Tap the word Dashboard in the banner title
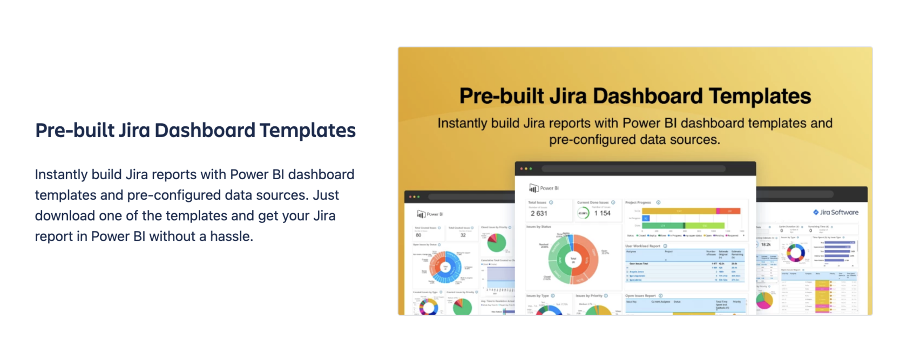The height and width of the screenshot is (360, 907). [651, 96]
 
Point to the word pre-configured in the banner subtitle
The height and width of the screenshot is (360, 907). [588, 140]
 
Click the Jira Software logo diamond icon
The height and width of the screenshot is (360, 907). [816, 212]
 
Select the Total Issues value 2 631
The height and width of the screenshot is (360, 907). [539, 213]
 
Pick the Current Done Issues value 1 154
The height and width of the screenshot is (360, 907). [602, 213]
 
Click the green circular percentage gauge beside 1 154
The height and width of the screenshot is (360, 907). [583, 213]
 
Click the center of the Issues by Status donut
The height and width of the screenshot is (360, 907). [573, 260]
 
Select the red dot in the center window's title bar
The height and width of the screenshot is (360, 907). [522, 169]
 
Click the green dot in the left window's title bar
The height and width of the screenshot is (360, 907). [418, 197]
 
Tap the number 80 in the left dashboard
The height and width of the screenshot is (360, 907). [418, 235]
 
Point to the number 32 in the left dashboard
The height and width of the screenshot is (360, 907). [463, 235]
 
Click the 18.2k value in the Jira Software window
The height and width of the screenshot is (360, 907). [766, 244]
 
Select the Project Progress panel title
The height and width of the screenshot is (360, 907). [638, 202]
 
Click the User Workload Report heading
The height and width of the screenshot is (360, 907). [642, 246]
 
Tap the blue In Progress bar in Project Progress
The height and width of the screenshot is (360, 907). [646, 218]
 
